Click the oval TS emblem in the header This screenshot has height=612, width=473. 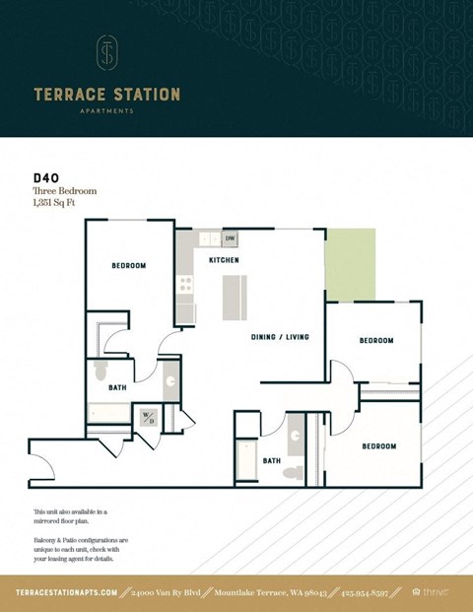click(x=106, y=53)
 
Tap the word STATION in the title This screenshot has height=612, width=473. click(x=145, y=95)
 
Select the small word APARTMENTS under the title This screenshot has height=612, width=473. click(x=106, y=111)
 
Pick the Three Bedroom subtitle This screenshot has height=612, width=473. click(x=65, y=191)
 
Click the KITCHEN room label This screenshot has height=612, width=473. click(x=224, y=260)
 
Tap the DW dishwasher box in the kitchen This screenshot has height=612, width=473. click(x=230, y=238)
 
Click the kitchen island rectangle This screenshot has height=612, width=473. click(x=234, y=299)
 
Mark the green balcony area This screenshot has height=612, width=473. click(x=351, y=264)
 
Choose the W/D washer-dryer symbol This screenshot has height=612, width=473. click(x=149, y=417)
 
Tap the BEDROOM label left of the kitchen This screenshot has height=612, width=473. click(x=128, y=266)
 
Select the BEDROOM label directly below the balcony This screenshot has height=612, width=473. click(x=376, y=341)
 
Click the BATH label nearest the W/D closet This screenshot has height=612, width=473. click(x=117, y=388)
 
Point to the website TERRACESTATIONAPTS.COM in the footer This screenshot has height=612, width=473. click(x=67, y=592)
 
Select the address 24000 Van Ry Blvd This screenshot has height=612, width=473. click(x=164, y=592)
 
